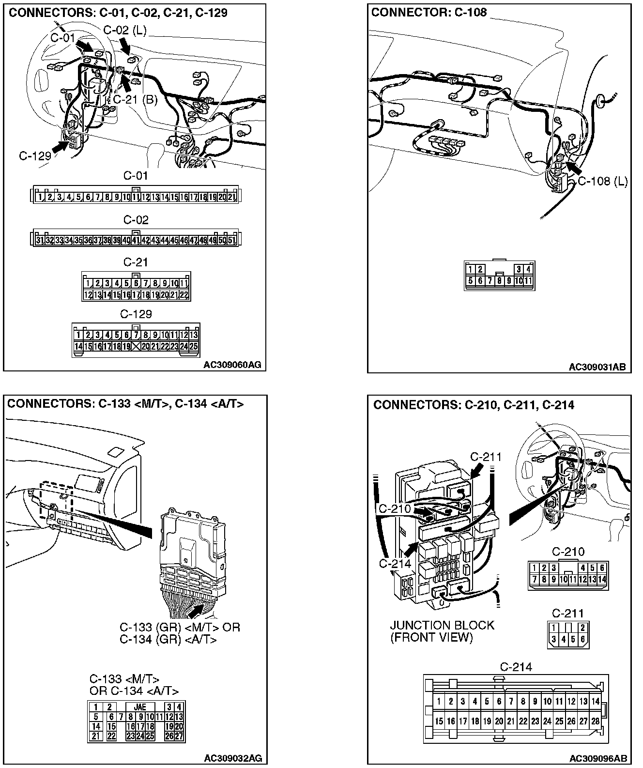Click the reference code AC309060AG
pos(232,365)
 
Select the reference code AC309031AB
pos(597,367)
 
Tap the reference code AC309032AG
pos(233,758)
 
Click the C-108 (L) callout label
pos(603,182)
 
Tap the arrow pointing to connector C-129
pos(61,147)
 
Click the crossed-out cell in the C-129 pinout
pos(136,346)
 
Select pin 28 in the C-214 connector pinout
pos(595,721)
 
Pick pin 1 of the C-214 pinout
pos(439,701)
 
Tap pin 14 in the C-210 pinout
pos(602,579)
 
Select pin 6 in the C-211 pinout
pos(582,639)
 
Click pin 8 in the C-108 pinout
pos(499,280)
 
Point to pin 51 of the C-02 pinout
pos(232,240)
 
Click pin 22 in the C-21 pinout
pos(184,294)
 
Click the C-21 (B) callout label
pos(135,100)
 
